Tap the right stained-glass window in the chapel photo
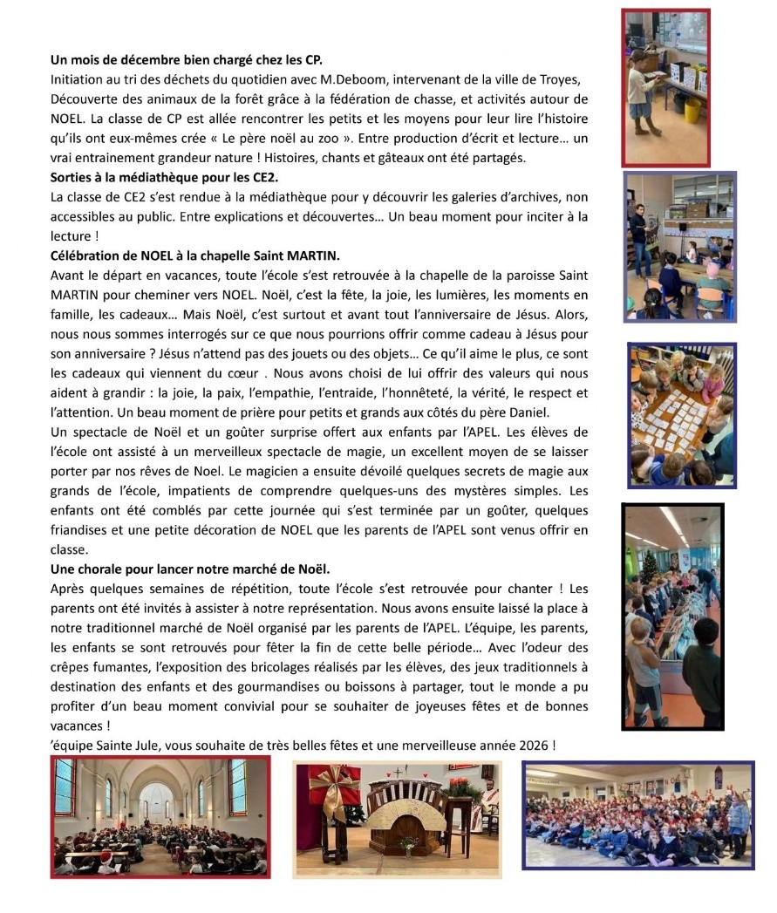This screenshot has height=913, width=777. (x=236, y=787)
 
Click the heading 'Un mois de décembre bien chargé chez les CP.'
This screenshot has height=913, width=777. (x=187, y=60)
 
